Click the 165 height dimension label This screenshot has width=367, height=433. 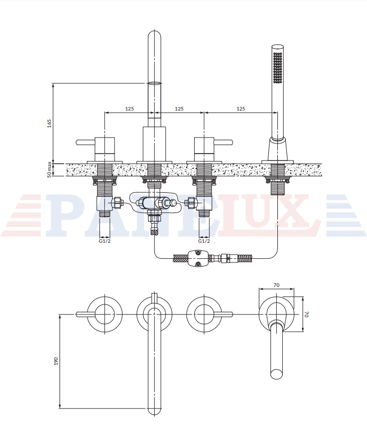[49, 123]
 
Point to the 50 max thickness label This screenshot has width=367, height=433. [49, 169]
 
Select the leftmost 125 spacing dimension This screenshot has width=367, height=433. [129, 108]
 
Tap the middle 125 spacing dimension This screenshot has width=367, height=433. [179, 108]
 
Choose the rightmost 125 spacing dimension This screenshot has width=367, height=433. [241, 108]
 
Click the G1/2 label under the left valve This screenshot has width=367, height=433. [105, 241]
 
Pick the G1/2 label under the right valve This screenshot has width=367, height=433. [204, 241]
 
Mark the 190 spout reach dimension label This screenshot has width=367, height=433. [56, 361]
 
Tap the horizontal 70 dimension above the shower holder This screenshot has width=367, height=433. [276, 285]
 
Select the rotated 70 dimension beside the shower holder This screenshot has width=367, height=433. [307, 314]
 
